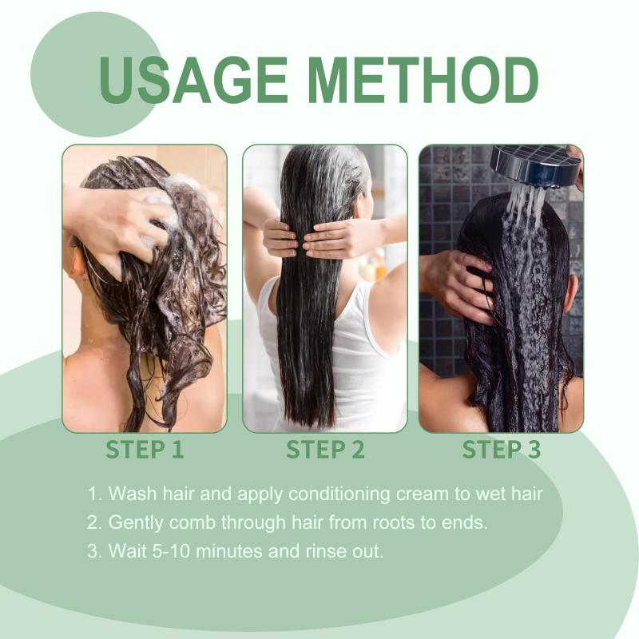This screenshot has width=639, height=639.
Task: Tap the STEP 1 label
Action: pos(145,449)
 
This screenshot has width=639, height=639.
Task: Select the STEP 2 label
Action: pos(325,449)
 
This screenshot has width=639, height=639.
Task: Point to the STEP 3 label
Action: pos(502,449)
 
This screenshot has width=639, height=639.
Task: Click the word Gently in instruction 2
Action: pos(136,523)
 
